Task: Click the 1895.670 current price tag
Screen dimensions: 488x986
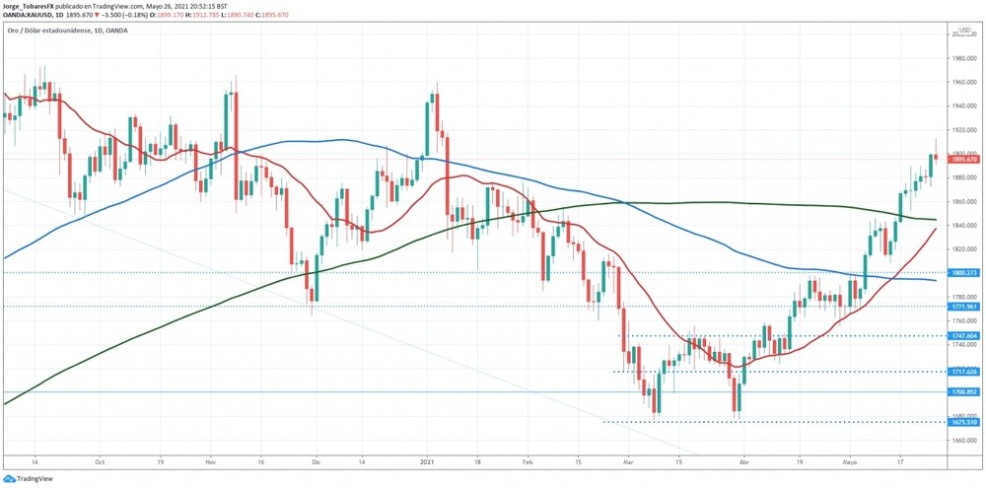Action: [963, 159]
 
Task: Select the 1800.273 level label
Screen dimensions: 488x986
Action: [963, 272]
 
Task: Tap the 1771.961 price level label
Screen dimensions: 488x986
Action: [963, 306]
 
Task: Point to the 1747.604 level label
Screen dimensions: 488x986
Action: [963, 336]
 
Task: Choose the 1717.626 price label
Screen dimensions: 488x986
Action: [963, 372]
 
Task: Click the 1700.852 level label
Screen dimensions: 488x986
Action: [963, 391]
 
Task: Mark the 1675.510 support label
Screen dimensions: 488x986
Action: [963, 422]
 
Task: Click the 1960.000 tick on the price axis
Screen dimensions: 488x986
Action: [963, 82]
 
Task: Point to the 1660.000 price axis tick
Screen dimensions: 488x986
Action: [963, 440]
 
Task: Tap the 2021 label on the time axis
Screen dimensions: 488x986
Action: [427, 460]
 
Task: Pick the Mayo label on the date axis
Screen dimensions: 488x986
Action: [850, 460]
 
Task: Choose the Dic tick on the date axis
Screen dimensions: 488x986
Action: [315, 460]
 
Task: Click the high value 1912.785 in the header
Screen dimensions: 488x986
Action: [204, 15]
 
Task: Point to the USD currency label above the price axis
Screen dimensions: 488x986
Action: [964, 30]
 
